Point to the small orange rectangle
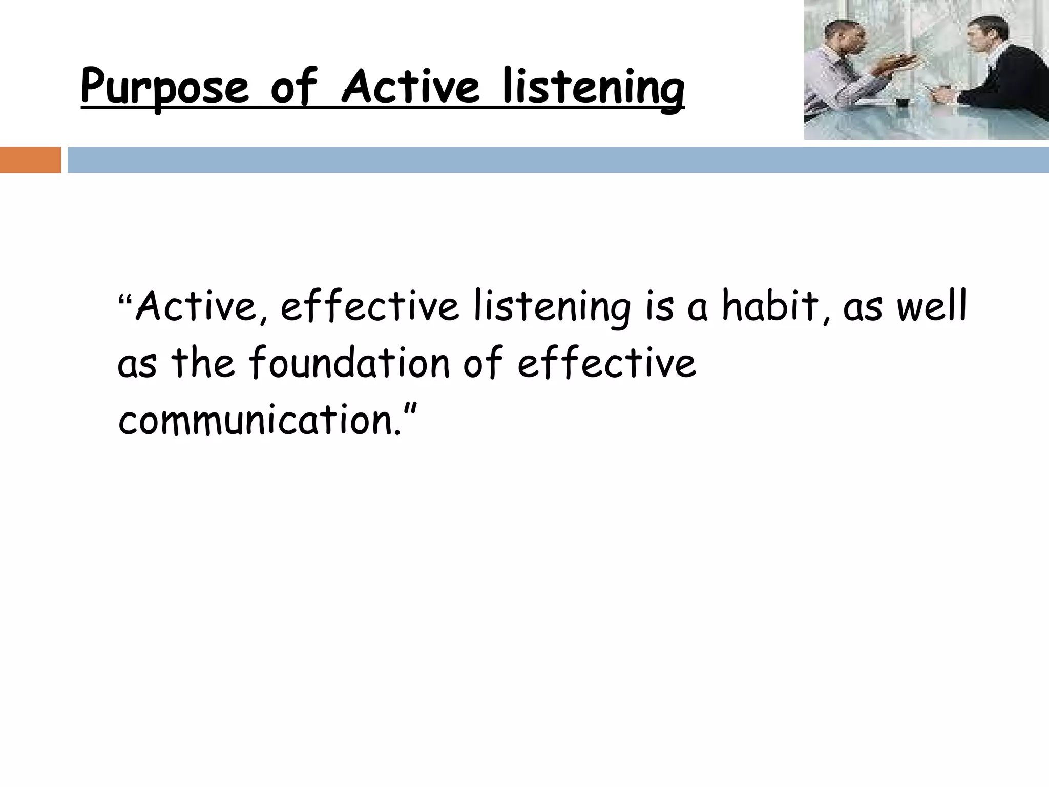point(30,160)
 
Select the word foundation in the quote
point(349,363)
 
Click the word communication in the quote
point(256,420)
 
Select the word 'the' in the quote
point(203,363)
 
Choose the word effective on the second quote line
point(606,363)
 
